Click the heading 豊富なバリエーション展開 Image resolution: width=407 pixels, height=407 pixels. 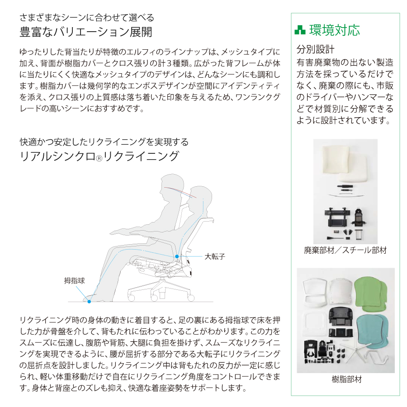pyautogui.click(x=86, y=32)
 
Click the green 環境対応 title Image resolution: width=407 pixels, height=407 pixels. pyautogui.click(x=334, y=30)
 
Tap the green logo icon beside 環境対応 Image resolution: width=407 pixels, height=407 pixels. pyautogui.click(x=300, y=30)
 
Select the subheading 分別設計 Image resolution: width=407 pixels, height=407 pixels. pyautogui.click(x=315, y=49)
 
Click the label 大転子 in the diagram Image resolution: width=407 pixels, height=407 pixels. pyautogui.click(x=215, y=256)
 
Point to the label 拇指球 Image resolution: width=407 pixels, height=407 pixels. pyautogui.click(x=75, y=280)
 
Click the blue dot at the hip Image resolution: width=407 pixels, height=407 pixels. pyautogui.click(x=177, y=256)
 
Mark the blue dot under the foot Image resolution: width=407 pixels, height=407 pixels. pyautogui.click(x=89, y=302)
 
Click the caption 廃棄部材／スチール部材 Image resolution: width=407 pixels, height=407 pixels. pyautogui.click(x=345, y=250)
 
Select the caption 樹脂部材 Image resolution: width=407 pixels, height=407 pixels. pyautogui.click(x=346, y=379)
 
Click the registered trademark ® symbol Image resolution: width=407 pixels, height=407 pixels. pyautogui.click(x=99, y=158)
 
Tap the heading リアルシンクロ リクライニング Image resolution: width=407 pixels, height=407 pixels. pyautogui.click(x=99, y=156)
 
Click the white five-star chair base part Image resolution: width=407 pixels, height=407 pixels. pyautogui.click(x=355, y=349)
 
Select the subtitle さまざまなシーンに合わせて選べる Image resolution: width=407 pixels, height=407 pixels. pyautogui.click(x=87, y=18)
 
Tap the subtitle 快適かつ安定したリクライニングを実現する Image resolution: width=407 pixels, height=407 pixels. pyautogui.click(x=104, y=142)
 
